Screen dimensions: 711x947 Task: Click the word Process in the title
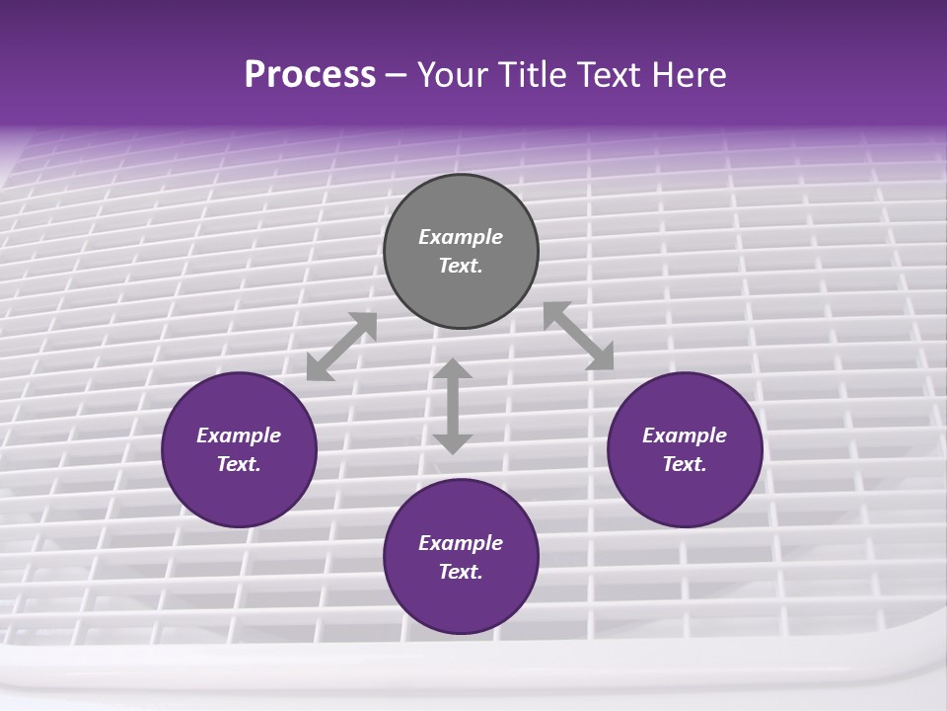click(310, 75)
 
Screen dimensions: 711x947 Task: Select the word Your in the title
click(451, 75)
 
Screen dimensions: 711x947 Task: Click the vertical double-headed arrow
click(453, 406)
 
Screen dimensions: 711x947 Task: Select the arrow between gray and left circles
click(341, 347)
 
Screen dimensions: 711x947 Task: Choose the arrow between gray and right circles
click(578, 336)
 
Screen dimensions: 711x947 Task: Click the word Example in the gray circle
click(461, 237)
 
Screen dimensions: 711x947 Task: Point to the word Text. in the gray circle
click(461, 266)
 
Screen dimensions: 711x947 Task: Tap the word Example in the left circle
click(239, 435)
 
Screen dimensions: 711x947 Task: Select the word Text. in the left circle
click(239, 464)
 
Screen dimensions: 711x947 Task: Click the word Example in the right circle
click(685, 435)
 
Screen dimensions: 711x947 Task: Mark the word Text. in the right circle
click(685, 464)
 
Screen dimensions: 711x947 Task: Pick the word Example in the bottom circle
click(461, 543)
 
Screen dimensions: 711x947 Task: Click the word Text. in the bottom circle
click(461, 572)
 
